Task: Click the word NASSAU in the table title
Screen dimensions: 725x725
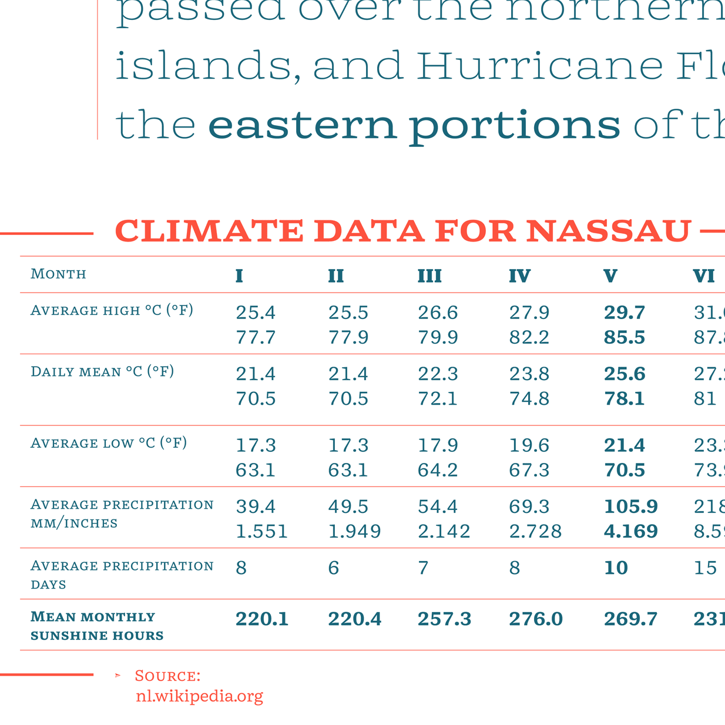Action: [x=608, y=231]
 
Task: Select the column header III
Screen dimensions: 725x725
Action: [x=429, y=276]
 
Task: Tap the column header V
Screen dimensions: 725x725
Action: [x=610, y=276]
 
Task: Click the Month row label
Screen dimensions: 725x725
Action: [x=58, y=274]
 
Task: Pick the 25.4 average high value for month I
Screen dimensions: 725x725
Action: [x=256, y=313]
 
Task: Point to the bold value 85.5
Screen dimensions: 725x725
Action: [x=625, y=338]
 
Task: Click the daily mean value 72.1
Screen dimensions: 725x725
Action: [x=438, y=399]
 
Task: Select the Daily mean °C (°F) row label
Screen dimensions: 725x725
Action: [x=102, y=371]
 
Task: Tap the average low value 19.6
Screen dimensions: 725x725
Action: [x=529, y=445]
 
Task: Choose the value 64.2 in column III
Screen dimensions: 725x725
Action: [x=438, y=471]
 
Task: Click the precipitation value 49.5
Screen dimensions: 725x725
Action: [x=348, y=506]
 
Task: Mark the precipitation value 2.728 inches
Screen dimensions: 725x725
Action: [x=535, y=532]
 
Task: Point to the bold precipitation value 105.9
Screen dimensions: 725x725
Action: [x=631, y=506]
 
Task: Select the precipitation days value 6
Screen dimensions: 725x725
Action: [x=334, y=568]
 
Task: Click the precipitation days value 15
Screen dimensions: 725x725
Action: [x=705, y=568]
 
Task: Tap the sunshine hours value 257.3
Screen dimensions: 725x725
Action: [x=444, y=619]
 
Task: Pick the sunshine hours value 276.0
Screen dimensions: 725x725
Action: [x=535, y=619]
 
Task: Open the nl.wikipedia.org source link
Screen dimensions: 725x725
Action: [x=199, y=696]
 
